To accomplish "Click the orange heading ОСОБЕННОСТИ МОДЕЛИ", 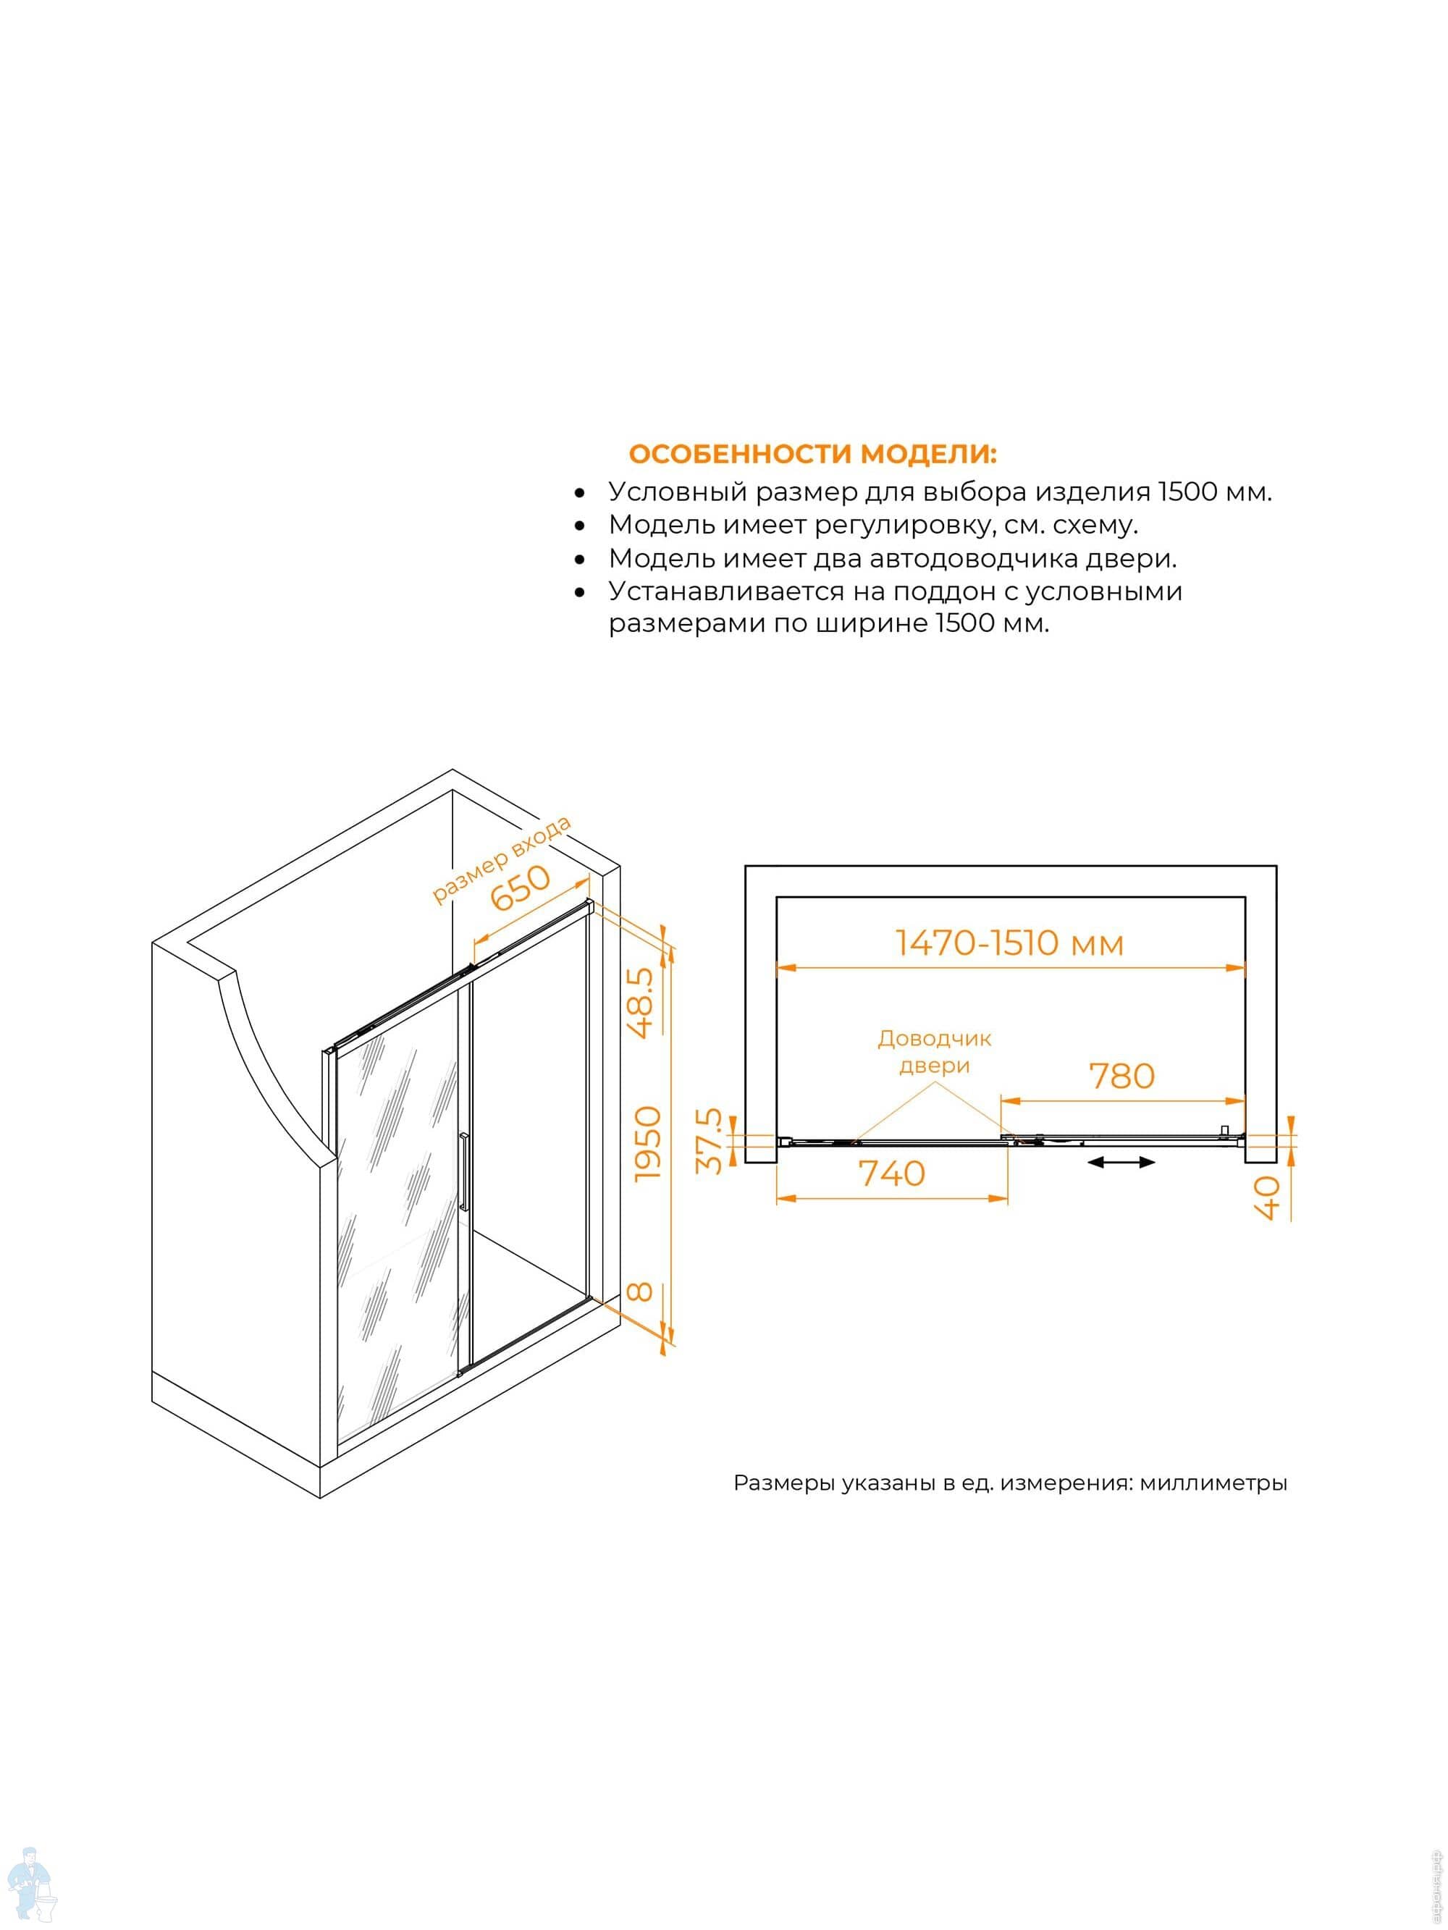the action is [812, 454].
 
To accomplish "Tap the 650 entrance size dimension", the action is [521, 888].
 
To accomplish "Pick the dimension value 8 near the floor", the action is [641, 1291].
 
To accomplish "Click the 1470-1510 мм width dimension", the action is [1009, 943].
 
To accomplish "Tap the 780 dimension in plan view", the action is [1121, 1076].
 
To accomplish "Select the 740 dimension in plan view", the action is [892, 1173].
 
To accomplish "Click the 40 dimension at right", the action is [1266, 1197].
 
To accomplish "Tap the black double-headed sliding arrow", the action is [1121, 1162].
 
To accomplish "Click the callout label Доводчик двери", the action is [934, 1051].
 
